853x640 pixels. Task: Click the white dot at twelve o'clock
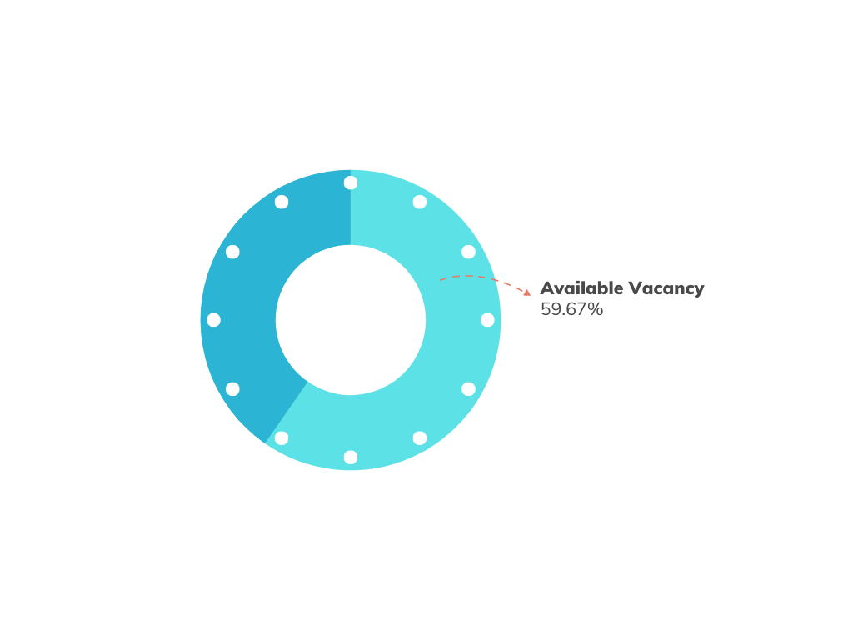(351, 182)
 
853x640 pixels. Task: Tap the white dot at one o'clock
(420, 202)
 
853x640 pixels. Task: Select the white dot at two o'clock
(469, 252)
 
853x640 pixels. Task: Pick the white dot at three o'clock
(487, 320)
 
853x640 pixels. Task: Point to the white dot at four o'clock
(469, 389)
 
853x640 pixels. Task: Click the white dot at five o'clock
(420, 438)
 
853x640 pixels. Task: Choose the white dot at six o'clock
(351, 457)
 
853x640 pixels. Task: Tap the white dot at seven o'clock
(282, 438)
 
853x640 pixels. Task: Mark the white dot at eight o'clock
(232, 389)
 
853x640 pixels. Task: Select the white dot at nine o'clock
(213, 320)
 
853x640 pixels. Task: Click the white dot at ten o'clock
(232, 252)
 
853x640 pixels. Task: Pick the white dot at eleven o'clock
(282, 202)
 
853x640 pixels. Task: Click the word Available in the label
(581, 288)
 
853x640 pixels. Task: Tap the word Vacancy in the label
(666, 288)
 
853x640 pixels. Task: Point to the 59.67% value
(571, 309)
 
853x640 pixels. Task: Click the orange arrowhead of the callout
(526, 292)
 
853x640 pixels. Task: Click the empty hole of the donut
(351, 320)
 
